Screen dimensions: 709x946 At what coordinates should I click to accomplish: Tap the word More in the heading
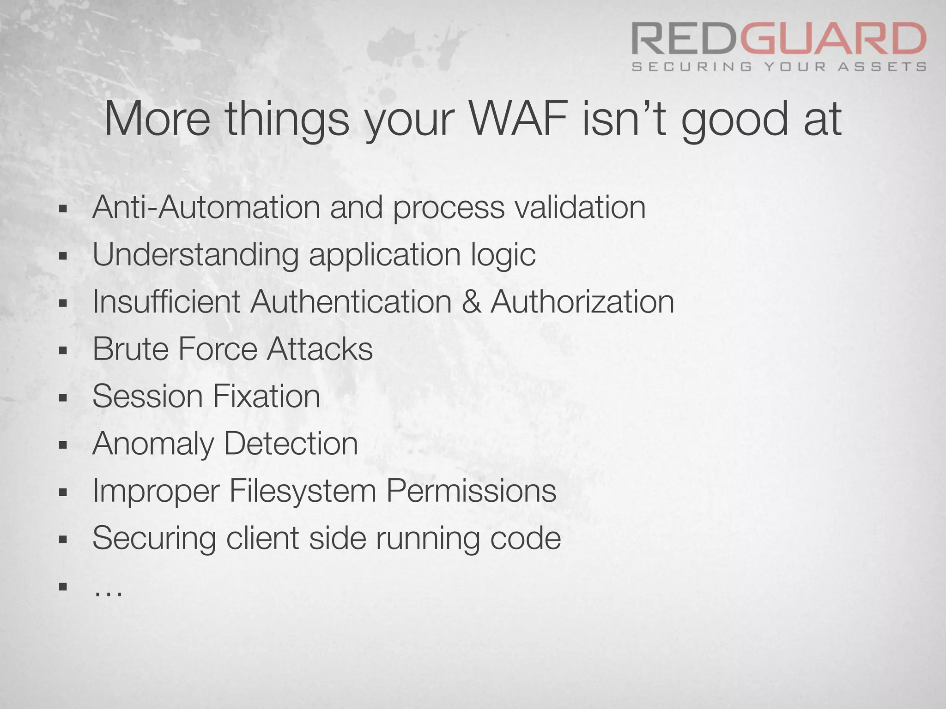157,119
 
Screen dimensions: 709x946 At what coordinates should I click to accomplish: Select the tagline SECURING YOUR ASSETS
779,67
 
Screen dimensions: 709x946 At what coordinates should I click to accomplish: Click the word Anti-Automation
206,207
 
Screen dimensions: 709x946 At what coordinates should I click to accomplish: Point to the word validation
580,207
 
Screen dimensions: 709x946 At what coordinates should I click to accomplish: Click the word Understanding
195,254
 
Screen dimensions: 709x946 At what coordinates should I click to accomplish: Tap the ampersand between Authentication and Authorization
471,302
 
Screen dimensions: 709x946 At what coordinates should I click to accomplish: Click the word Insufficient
166,302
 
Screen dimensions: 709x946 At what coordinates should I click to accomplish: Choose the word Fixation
267,396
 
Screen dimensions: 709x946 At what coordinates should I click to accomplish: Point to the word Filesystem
303,491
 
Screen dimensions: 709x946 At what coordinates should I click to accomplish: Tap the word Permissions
471,491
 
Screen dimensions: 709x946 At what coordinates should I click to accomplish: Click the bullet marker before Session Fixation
63,397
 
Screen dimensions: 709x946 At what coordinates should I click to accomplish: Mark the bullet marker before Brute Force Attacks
63,350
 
